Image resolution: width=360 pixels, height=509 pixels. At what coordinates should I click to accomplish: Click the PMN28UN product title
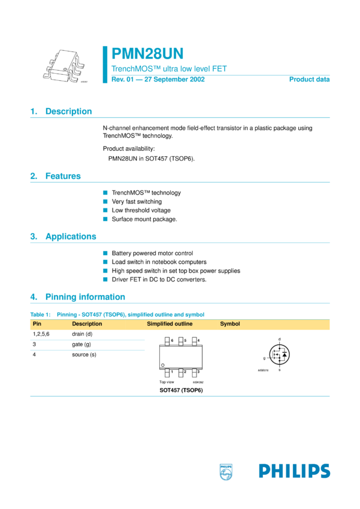[x=147, y=54]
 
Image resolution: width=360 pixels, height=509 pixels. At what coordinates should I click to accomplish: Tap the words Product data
[x=309, y=80]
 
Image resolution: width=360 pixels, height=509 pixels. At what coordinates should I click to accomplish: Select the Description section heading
[x=68, y=111]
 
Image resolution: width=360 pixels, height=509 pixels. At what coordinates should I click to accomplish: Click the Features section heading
[x=63, y=176]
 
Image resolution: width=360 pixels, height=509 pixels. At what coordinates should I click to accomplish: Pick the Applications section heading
[x=71, y=237]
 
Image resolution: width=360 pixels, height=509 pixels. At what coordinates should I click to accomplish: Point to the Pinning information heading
[x=85, y=297]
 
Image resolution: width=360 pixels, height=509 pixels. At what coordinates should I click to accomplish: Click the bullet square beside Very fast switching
[x=105, y=202]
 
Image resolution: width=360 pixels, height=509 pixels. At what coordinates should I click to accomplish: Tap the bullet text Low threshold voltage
[x=141, y=210]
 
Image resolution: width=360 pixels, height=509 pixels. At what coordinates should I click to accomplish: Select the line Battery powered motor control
[x=152, y=253]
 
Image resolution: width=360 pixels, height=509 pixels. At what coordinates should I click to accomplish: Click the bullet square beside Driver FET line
[x=105, y=279]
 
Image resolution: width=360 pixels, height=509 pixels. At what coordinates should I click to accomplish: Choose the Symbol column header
[x=230, y=324]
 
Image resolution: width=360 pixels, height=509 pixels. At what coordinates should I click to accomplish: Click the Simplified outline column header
[x=170, y=324]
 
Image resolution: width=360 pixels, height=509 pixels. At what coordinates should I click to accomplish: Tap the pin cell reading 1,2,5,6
[x=41, y=334]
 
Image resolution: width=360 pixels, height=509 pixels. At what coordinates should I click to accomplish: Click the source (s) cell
[x=84, y=355]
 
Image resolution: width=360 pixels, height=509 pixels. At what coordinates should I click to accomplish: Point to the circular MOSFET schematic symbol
[x=280, y=355]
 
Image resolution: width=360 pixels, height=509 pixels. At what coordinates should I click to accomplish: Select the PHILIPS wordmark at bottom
[x=294, y=471]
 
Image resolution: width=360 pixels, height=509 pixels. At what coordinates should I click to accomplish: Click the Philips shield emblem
[x=226, y=471]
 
